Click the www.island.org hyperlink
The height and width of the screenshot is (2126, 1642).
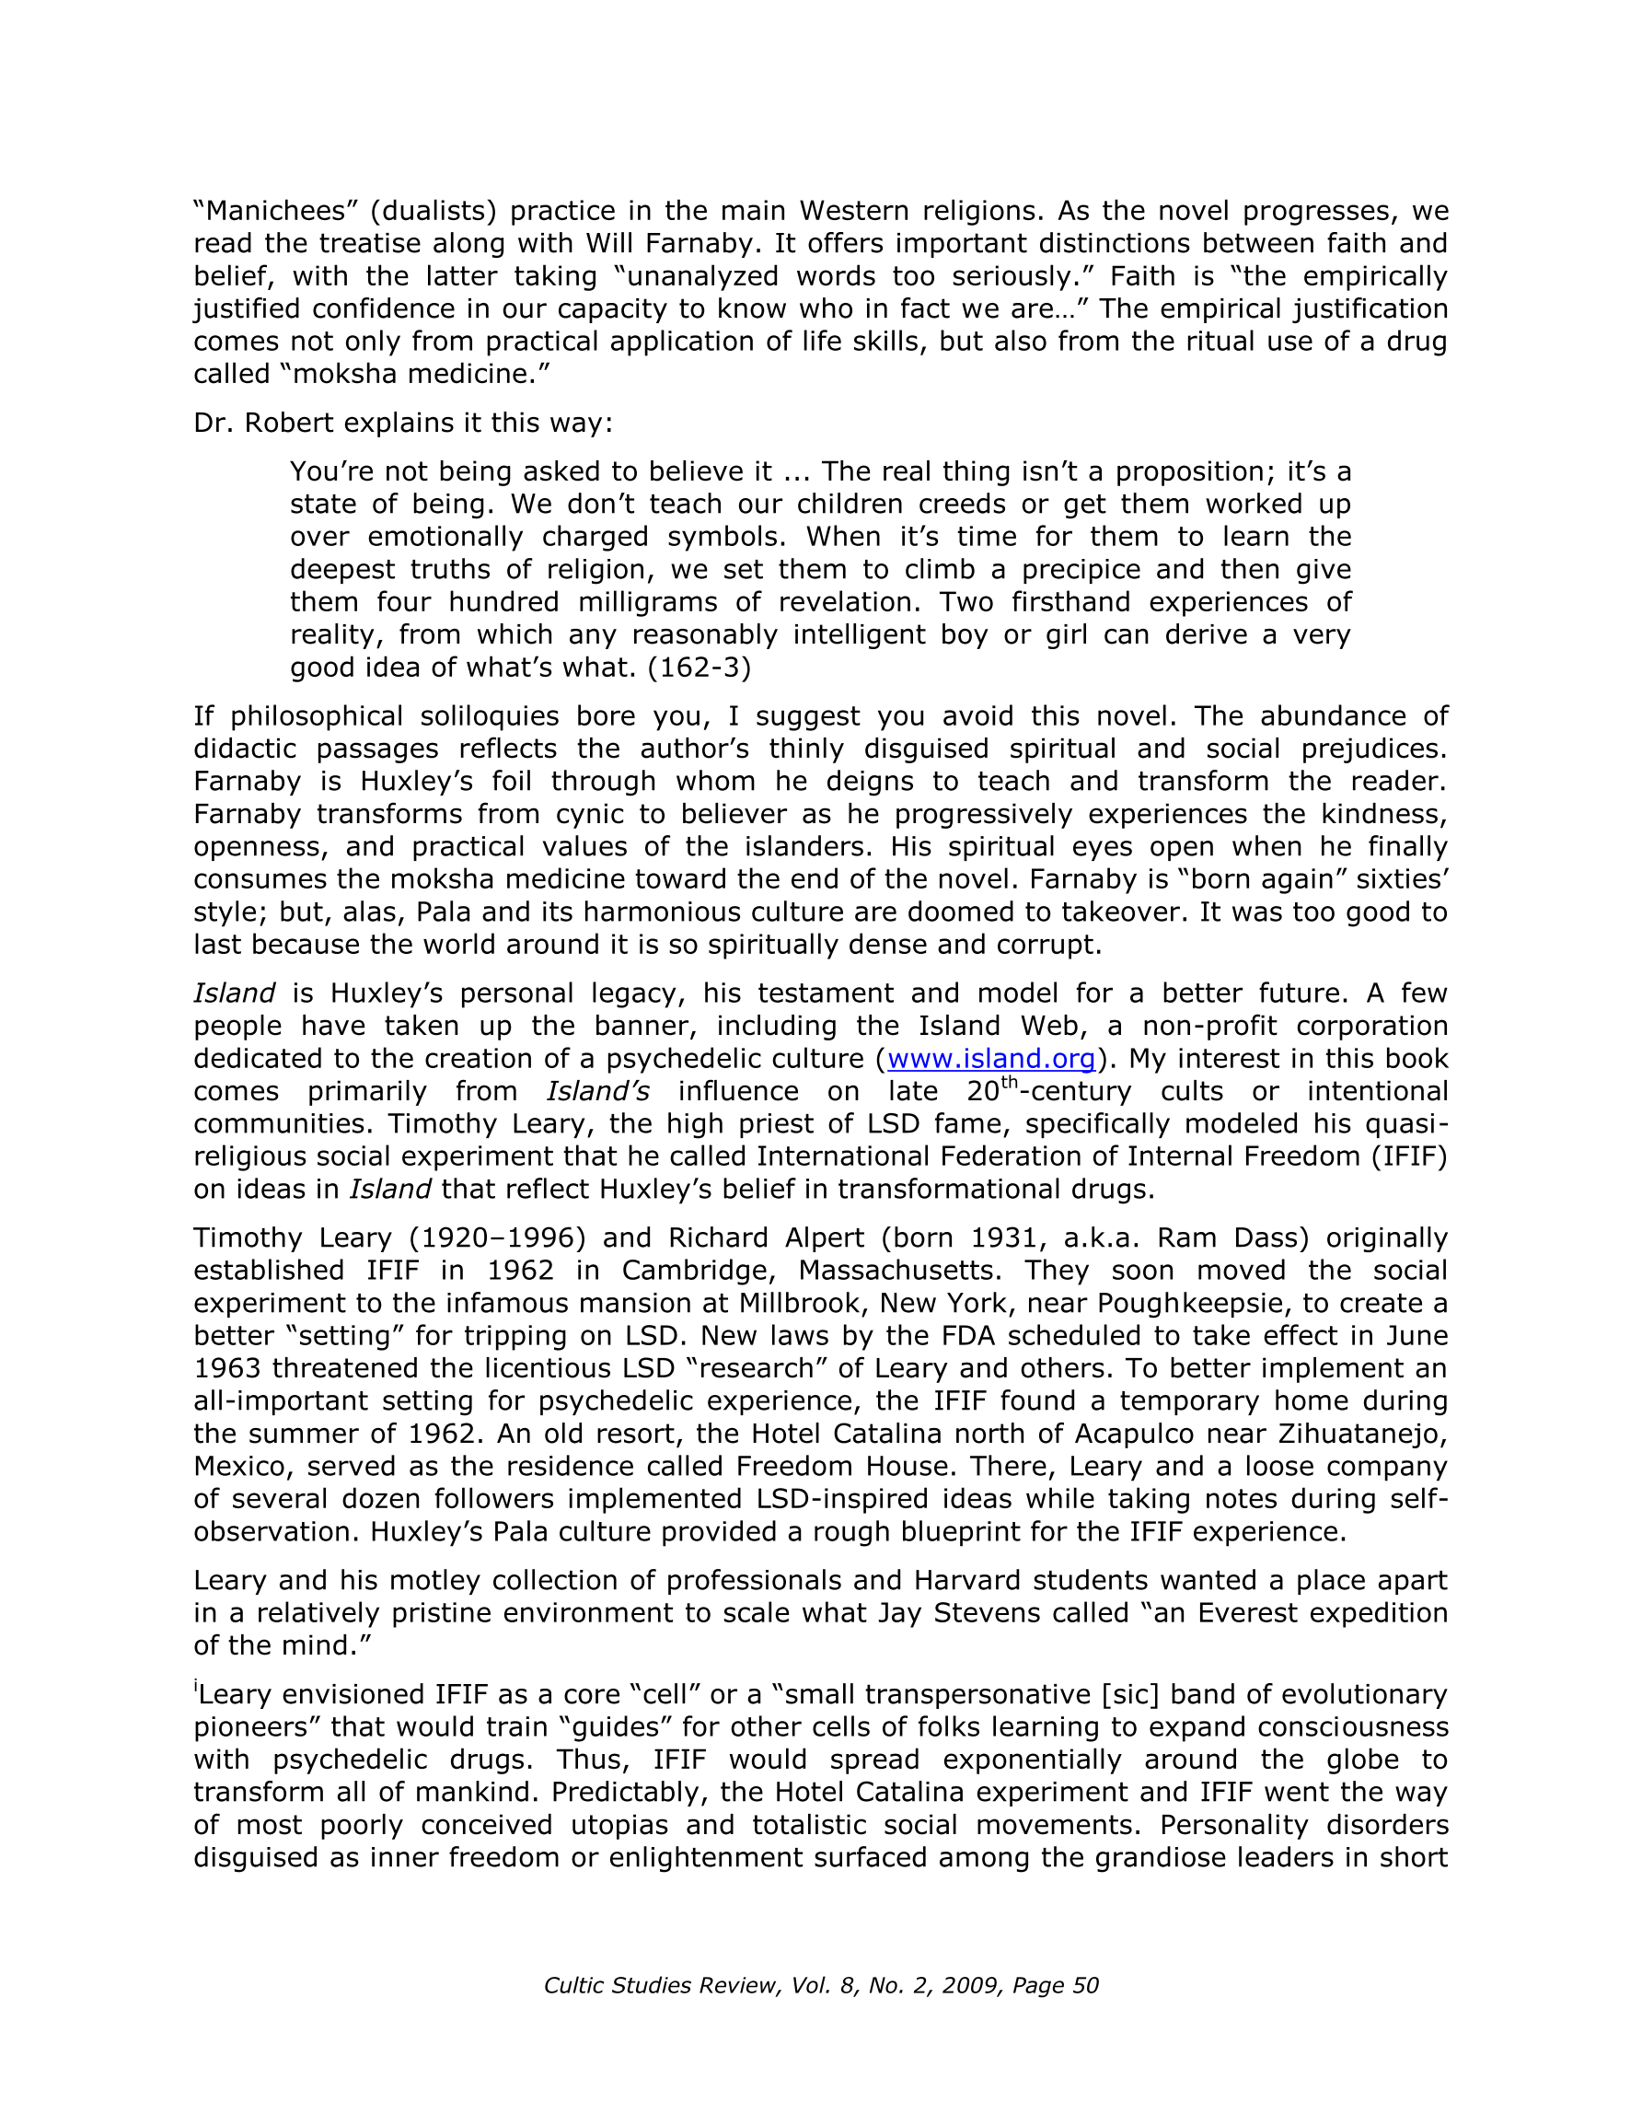[x=992, y=1058]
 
